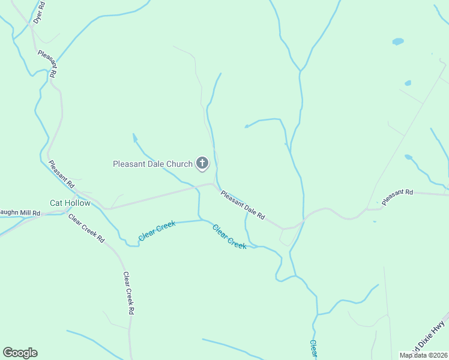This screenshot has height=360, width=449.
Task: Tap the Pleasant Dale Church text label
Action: [x=153, y=163]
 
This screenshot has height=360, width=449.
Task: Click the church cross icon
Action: [x=202, y=163]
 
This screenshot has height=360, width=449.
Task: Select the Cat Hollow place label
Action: [x=70, y=203]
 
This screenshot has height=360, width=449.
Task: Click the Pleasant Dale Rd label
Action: [x=243, y=205]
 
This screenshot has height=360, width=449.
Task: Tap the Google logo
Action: [x=20, y=353]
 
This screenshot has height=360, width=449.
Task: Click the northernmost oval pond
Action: [x=398, y=41]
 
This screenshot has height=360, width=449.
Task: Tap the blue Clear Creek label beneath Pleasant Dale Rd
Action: [x=229, y=237]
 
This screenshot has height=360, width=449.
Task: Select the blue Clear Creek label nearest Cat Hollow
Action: [x=157, y=231]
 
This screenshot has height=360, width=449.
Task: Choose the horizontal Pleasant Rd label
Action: [x=397, y=197]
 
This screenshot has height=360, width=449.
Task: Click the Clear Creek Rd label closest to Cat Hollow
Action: [x=86, y=228]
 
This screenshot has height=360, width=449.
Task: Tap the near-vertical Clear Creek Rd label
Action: [x=128, y=293]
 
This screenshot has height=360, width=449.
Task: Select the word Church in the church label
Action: [x=179, y=163]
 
